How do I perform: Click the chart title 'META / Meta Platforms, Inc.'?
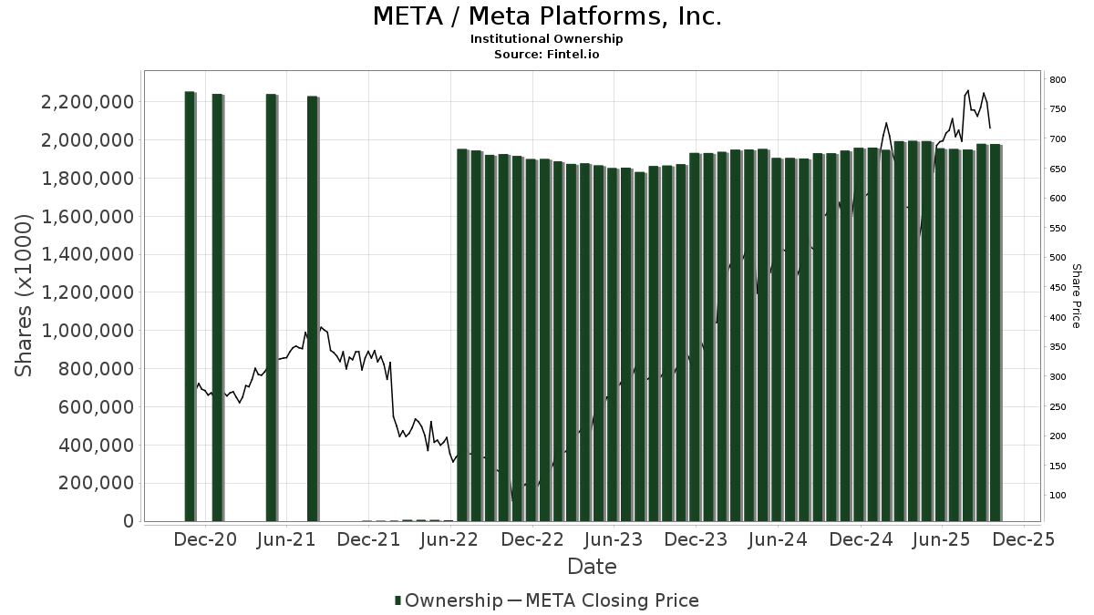[x=547, y=16]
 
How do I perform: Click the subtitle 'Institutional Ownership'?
[x=546, y=39]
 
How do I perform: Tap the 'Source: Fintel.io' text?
[x=546, y=55]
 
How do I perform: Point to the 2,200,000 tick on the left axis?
[x=83, y=102]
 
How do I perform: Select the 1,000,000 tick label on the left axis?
[x=83, y=331]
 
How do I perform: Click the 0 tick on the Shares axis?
[x=128, y=521]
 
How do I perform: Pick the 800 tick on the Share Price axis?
[x=1058, y=80]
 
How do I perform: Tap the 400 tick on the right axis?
[x=1058, y=318]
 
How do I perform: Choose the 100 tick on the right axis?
[x=1058, y=496]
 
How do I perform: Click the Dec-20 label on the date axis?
[x=206, y=540]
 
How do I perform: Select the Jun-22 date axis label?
[x=450, y=540]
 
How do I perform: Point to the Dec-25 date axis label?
[x=1023, y=540]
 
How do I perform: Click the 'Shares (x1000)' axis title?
[x=25, y=295]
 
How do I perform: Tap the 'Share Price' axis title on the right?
[x=1076, y=295]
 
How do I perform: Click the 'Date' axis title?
[x=592, y=567]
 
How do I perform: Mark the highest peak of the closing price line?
[x=967, y=91]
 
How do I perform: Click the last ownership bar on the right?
[x=995, y=333]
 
